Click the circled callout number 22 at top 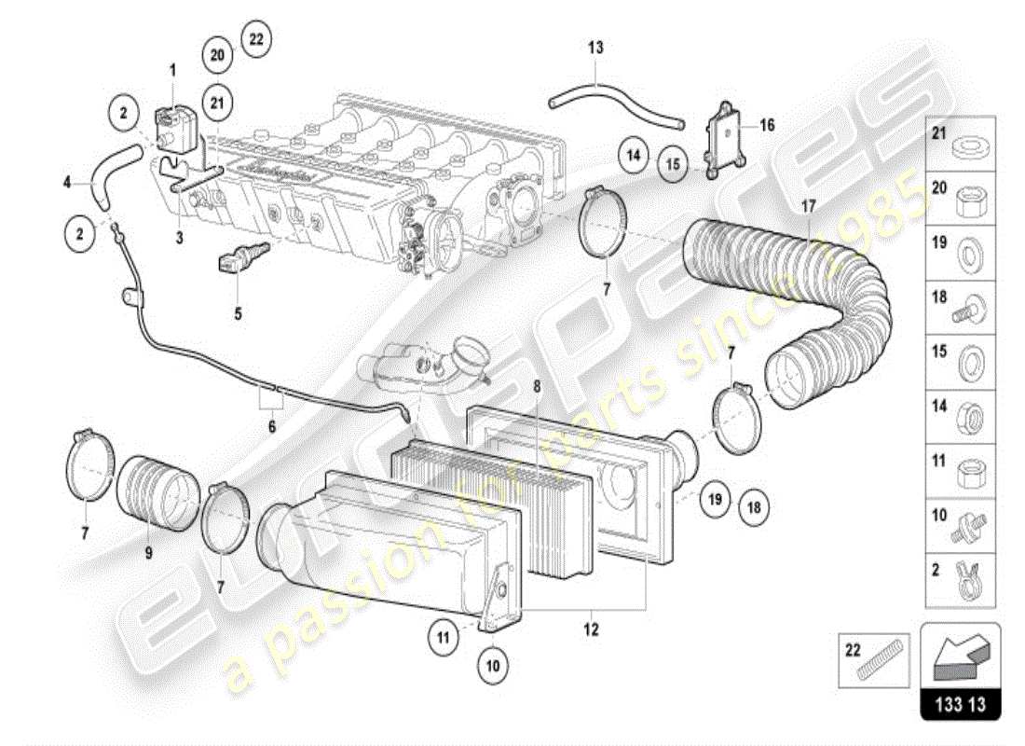pos(256,39)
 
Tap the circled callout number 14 pos(634,155)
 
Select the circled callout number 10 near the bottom pos(493,666)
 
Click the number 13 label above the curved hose pos(596,46)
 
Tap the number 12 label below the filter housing pos(591,630)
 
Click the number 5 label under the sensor pos(238,314)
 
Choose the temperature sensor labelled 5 pos(245,256)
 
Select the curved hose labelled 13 pos(615,104)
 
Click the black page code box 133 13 pos(961,704)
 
